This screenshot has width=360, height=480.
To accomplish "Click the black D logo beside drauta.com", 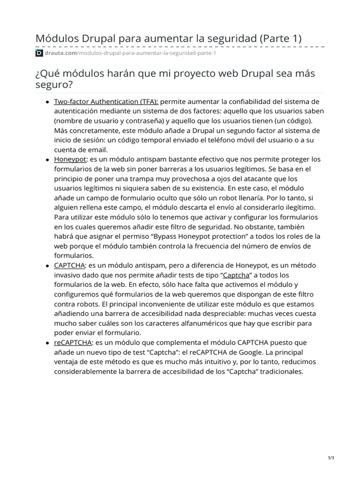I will click(39, 53).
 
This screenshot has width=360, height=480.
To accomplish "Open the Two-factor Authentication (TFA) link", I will click(106, 101).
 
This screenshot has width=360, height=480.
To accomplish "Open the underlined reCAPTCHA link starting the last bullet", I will click(73, 343).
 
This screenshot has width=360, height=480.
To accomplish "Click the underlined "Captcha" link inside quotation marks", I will click(236, 275).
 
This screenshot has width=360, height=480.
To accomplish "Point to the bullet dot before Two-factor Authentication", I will click(48, 102).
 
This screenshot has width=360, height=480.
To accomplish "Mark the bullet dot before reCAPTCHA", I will click(48, 344).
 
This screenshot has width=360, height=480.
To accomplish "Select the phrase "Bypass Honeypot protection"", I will click(196, 236).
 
